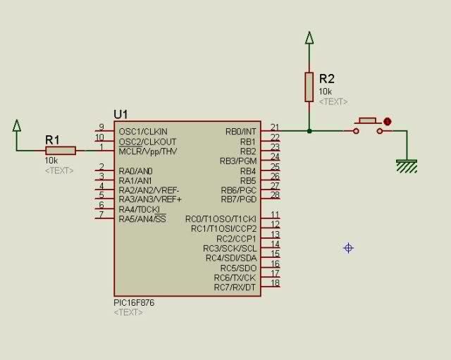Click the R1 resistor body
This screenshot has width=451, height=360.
coord(61,151)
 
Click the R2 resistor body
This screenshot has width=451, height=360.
coord(309,87)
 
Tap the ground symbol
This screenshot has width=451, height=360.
coord(407,166)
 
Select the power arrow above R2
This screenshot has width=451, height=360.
coord(309,37)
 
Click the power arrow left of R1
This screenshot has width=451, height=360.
coord(17,125)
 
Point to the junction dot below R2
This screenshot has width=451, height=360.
coord(309,131)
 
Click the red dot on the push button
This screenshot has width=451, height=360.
coord(388,122)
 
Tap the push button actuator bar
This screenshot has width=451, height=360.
coord(368,120)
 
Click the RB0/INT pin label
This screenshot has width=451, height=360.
coord(241,132)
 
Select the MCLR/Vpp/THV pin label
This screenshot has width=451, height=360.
coord(148,151)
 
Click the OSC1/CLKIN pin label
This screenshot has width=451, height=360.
coord(143,132)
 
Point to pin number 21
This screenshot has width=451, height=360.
coord(275,127)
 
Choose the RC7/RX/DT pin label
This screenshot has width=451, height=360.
coord(235,287)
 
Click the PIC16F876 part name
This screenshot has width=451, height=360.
coord(134,303)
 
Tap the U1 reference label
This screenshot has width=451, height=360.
coord(121,114)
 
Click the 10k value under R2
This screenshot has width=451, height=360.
coord(325,92)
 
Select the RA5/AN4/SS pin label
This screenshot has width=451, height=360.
coord(142,219)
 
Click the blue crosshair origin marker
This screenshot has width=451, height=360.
coord(348,248)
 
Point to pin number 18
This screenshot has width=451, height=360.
coord(276,283)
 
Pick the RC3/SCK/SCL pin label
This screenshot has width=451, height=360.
coord(230,248)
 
